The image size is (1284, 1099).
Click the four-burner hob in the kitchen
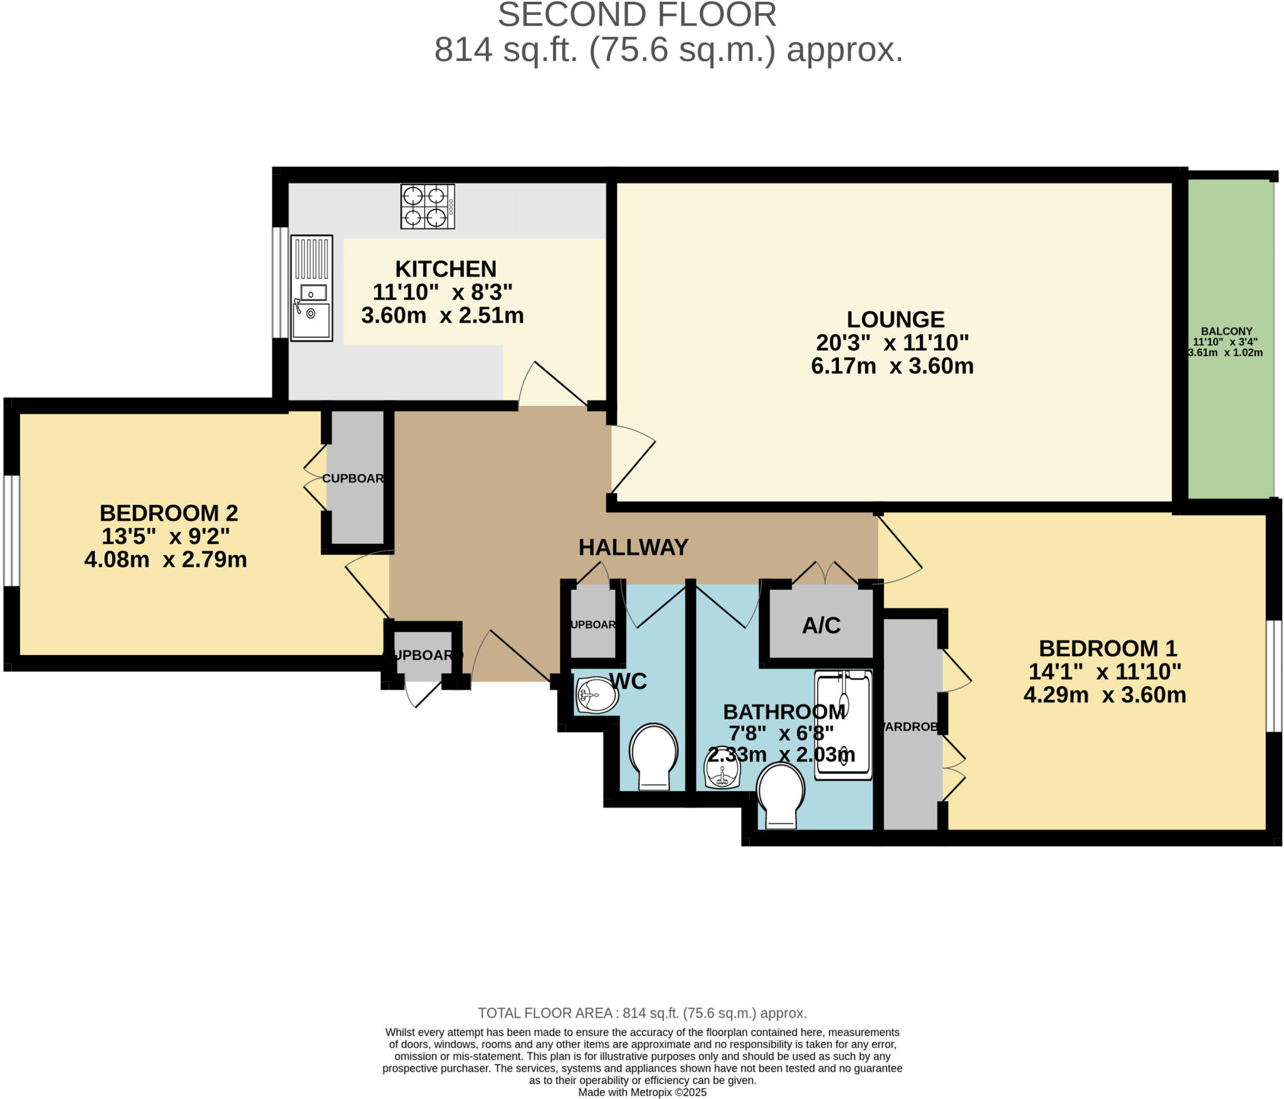point(428,206)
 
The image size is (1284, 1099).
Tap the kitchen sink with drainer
point(312,288)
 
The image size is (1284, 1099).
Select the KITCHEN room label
point(446,269)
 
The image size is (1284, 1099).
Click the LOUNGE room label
point(895,320)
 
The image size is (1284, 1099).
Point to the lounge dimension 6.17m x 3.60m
point(892,366)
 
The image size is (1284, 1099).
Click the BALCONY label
point(1226,331)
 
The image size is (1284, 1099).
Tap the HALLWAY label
point(633,548)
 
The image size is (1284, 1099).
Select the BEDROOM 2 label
point(169,513)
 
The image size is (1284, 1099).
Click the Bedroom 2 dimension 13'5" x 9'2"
point(166,536)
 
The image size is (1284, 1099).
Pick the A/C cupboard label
point(821,625)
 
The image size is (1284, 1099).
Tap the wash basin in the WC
point(596,695)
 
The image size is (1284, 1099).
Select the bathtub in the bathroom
point(843,725)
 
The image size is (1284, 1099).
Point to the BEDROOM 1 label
point(1108,648)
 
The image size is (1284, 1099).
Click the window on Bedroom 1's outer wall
point(1273,676)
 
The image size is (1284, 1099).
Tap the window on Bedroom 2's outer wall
point(11,531)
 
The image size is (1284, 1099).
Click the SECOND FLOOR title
point(637,15)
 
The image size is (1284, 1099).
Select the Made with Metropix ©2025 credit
point(642,1092)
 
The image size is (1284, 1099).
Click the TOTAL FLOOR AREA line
point(642,1013)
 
